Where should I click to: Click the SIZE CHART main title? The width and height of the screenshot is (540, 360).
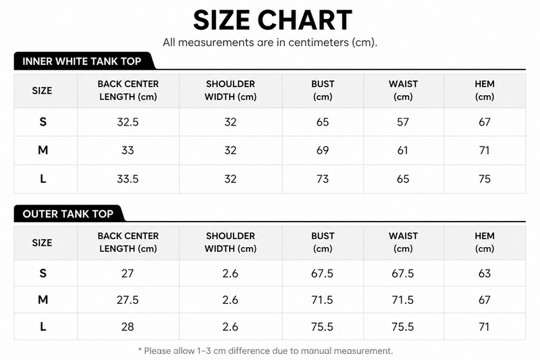[x=273, y=20]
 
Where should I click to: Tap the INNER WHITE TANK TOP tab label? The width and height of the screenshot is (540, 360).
[x=82, y=61]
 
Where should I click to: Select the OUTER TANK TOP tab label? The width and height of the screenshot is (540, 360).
[x=68, y=214]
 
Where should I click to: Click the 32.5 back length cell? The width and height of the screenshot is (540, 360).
[x=128, y=122]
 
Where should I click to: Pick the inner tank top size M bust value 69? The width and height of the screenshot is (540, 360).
[x=323, y=150]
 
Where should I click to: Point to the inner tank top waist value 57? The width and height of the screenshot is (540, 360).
[x=403, y=122]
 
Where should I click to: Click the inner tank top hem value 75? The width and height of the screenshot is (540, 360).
[x=485, y=179]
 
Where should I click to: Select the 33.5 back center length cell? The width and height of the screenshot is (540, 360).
[x=128, y=179]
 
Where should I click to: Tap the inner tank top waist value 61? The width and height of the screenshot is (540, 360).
[x=403, y=150]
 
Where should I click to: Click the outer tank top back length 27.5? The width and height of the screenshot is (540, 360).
[x=128, y=300]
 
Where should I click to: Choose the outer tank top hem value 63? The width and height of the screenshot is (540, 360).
[x=485, y=273]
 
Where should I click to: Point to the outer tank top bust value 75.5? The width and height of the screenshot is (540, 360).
[x=323, y=327]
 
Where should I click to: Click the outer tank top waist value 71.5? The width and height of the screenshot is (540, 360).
[x=403, y=300]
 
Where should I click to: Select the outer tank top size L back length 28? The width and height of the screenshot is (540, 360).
[x=128, y=327]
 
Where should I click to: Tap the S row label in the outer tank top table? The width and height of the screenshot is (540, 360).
[x=43, y=273]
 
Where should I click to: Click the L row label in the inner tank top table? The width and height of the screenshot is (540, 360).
[x=43, y=179]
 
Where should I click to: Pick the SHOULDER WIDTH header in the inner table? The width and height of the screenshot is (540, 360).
[x=230, y=91]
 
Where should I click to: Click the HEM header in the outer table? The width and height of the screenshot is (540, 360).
[x=485, y=242]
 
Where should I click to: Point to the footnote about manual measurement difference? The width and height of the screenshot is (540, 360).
[x=265, y=351]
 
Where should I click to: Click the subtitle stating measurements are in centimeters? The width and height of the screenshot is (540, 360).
[x=270, y=43]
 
